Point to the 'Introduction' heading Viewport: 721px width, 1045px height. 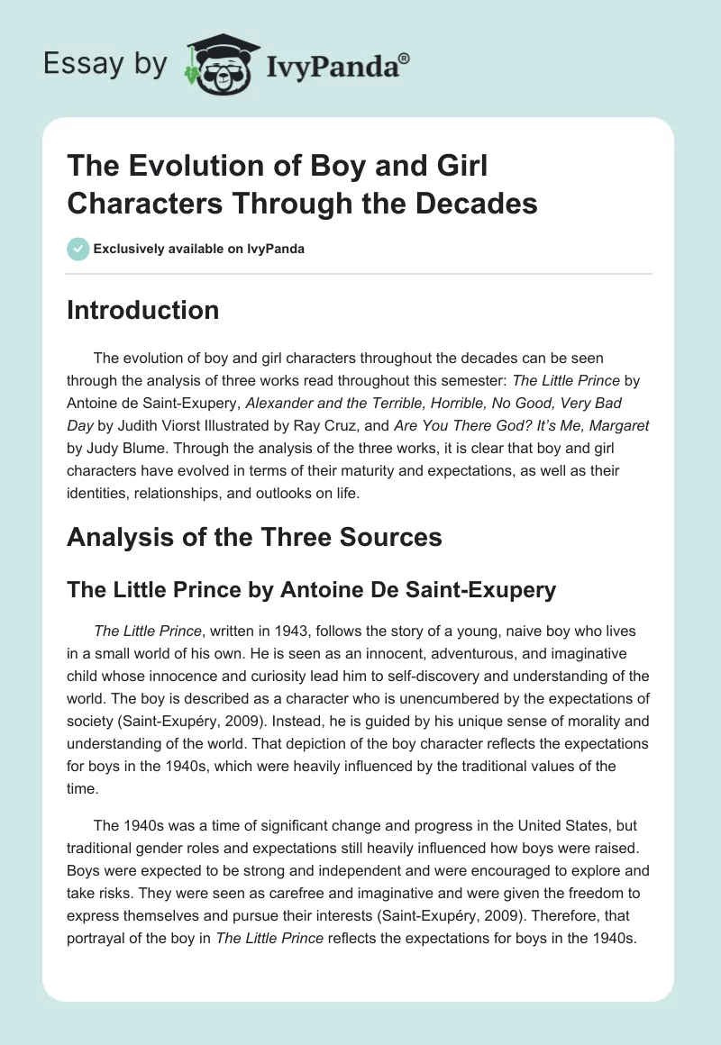(142, 310)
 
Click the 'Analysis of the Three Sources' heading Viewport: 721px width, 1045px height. (254, 537)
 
